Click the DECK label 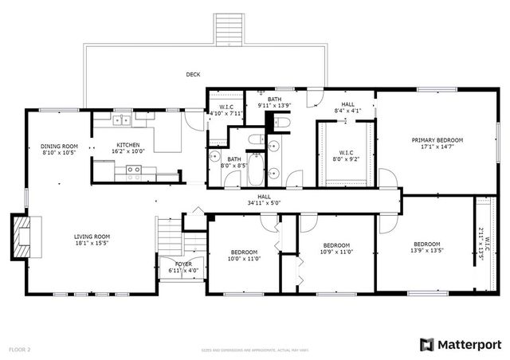(193, 75)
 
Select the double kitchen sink (122, 120)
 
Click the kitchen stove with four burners (133, 169)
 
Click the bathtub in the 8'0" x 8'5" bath (255, 168)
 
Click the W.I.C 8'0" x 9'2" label (346, 155)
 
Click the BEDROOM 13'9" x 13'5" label (427, 247)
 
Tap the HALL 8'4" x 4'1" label (348, 107)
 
